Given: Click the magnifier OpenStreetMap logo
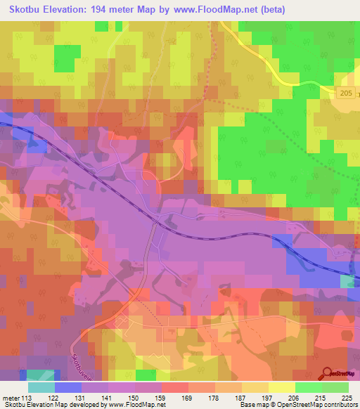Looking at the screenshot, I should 328,372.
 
